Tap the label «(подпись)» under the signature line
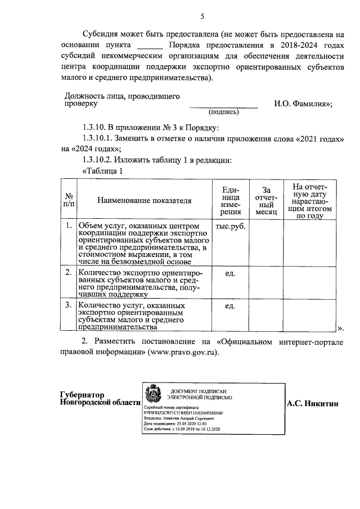(223, 112)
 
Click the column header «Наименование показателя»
(144, 200)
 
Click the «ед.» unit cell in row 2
(230, 273)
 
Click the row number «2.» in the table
(67, 273)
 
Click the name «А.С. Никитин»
(313, 403)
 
